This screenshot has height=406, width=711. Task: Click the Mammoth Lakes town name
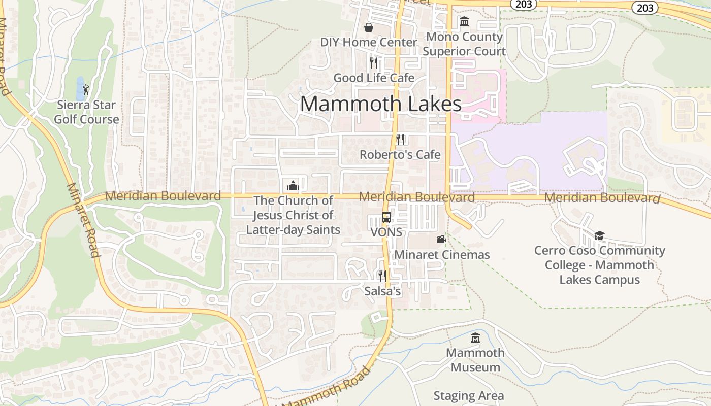click(380, 104)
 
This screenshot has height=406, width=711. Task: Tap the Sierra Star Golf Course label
click(87, 112)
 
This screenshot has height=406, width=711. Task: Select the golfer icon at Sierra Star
click(86, 90)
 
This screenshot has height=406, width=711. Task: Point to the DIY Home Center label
click(369, 42)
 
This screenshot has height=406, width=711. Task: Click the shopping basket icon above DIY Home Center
click(369, 27)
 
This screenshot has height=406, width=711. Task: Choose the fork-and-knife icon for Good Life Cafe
click(374, 63)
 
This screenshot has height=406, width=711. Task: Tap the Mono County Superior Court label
click(464, 44)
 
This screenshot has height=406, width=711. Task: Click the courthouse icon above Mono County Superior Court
click(464, 22)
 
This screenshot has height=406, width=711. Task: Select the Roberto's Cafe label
click(400, 154)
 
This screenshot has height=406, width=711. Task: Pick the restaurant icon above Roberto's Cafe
click(400, 140)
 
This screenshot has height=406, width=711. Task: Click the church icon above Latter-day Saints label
click(293, 186)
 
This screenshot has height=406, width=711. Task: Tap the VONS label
click(386, 232)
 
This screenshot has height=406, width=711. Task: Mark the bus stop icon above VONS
click(386, 217)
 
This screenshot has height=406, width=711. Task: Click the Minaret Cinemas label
click(442, 254)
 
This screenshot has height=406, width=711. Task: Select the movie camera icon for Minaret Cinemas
click(441, 239)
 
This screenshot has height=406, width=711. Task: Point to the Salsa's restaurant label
click(383, 291)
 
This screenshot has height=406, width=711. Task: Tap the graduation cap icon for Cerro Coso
click(600, 235)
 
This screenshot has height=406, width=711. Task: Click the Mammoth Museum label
click(475, 360)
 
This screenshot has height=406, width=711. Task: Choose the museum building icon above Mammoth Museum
click(475, 337)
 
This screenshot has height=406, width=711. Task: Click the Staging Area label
click(469, 396)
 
